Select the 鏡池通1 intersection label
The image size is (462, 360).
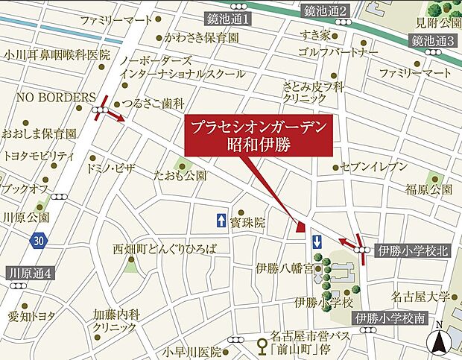[228, 16]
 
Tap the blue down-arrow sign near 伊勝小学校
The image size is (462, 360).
[317, 241]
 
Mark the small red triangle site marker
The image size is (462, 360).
[301, 227]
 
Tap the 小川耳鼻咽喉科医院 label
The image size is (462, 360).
[56, 54]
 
